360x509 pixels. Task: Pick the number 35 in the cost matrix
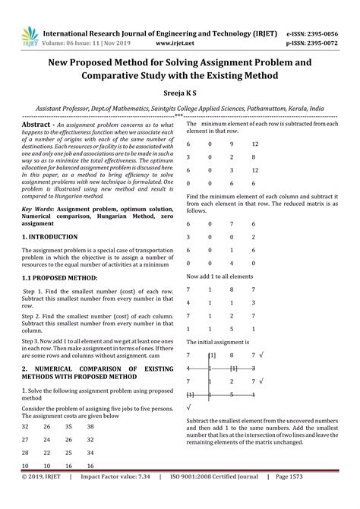pos(68,427)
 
